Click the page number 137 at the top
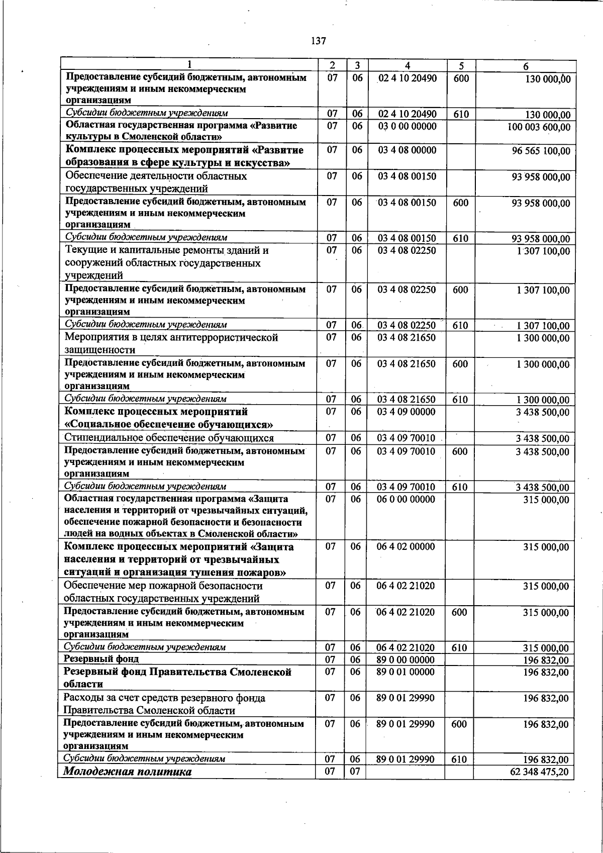coord(319,41)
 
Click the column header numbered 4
coord(408,66)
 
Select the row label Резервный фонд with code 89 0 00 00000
coord(102,659)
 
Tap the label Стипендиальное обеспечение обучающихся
coord(169,438)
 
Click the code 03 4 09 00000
coord(406,412)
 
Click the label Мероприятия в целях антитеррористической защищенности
coord(171,343)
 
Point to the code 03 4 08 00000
coord(407,150)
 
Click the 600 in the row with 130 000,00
coord(461,78)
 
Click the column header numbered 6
coord(525,66)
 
